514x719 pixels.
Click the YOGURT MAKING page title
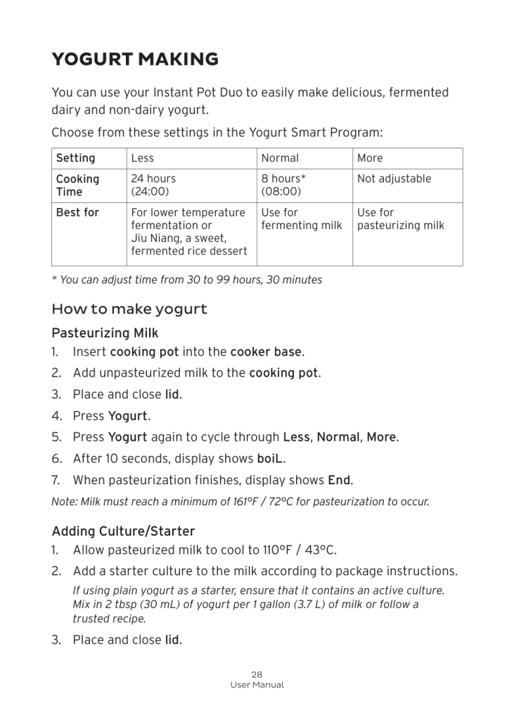tap(135, 60)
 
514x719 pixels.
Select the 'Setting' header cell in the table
tap(75, 158)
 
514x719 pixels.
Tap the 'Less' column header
tap(142, 158)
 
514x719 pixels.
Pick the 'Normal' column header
tap(280, 158)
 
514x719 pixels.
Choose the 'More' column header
tap(370, 158)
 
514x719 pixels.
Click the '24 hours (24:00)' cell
tap(153, 185)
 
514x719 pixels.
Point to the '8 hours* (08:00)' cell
tap(283, 185)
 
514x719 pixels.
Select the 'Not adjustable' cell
tap(394, 179)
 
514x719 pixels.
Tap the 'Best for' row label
tap(77, 212)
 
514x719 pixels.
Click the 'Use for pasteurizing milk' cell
tap(400, 219)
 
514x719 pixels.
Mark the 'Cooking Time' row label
tap(77, 185)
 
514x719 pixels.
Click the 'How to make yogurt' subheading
tap(129, 309)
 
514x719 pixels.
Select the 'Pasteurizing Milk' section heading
tap(105, 332)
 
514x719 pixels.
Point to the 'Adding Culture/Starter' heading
tap(123, 531)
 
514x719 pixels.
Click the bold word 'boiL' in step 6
tap(271, 459)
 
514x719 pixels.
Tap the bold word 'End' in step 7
tap(340, 481)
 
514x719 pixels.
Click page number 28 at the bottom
tap(257, 674)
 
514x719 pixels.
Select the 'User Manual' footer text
tap(257, 685)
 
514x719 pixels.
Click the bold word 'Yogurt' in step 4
tap(128, 416)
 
